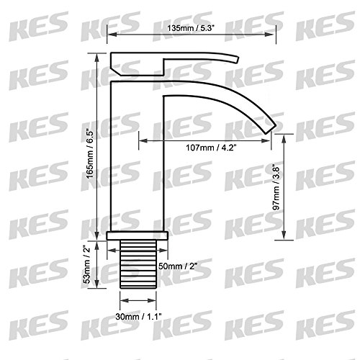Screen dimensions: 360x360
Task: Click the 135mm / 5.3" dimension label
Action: (x=191, y=28)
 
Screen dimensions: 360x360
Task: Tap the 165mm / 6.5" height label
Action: (x=90, y=155)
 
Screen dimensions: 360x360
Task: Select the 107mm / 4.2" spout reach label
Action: (x=211, y=148)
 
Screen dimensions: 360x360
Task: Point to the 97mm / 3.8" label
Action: (x=276, y=187)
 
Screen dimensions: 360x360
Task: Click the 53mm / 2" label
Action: (x=87, y=264)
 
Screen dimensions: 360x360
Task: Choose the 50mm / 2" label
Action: (x=178, y=266)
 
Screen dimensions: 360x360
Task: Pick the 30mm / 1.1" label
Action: (x=138, y=317)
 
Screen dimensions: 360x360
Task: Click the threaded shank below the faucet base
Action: (x=138, y=264)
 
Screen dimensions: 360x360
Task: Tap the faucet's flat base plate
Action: (x=138, y=235)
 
